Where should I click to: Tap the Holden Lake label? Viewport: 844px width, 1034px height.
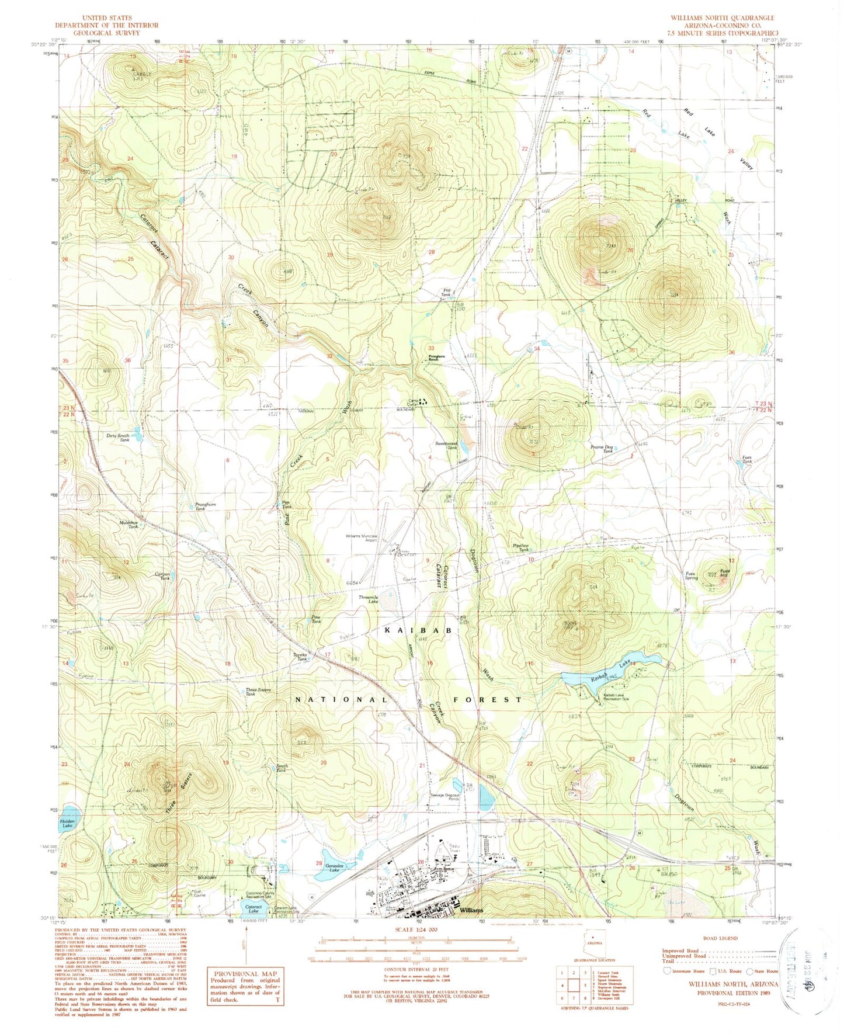pyautogui.click(x=68, y=823)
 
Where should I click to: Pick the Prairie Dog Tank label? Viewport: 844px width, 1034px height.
pyautogui.click(x=601, y=449)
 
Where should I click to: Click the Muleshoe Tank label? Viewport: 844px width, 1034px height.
pyautogui.click(x=129, y=525)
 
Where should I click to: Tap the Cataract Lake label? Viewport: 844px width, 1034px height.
pyautogui.click(x=253, y=909)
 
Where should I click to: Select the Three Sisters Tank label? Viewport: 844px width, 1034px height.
pyautogui.click(x=258, y=692)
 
